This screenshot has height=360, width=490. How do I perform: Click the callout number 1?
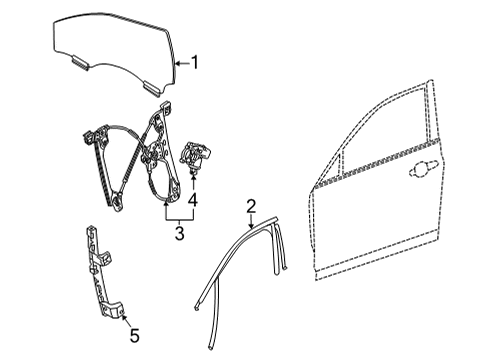pos(195,63)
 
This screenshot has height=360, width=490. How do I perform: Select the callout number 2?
pos(251,207)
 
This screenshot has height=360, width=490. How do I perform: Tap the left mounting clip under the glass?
pos(78,63)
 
